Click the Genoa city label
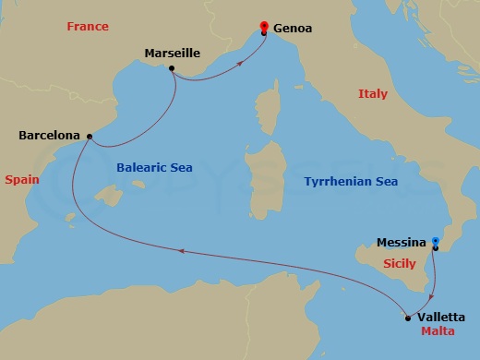click(293, 29)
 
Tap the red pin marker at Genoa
click(264, 27)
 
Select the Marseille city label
click(172, 54)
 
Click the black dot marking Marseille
click(173, 67)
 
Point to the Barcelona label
click(50, 137)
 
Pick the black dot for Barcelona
click(90, 137)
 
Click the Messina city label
click(402, 244)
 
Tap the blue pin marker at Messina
click(435, 242)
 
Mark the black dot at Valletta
click(407, 318)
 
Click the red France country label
click(88, 28)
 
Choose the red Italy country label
click(373, 94)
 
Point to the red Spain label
click(21, 180)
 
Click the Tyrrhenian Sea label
click(352, 182)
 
